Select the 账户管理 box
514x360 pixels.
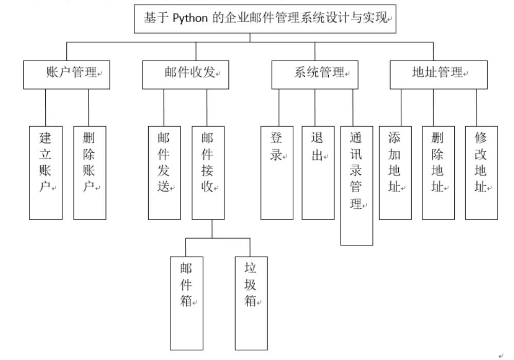[66, 75]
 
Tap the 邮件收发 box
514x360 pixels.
[186, 75]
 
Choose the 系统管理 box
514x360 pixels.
[315, 75]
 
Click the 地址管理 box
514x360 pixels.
[438, 75]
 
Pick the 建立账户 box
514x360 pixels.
[46, 173]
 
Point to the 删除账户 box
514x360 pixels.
[90, 173]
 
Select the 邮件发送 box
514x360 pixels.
[164, 173]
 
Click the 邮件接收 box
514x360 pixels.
[208, 173]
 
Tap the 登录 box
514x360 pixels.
[277, 173]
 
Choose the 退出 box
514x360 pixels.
[317, 173]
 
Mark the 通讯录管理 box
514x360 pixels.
[357, 185]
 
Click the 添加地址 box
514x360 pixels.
[395, 173]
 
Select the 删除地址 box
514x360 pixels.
[438, 173]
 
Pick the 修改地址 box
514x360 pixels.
[482, 173]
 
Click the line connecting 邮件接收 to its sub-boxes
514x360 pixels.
[212, 229]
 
